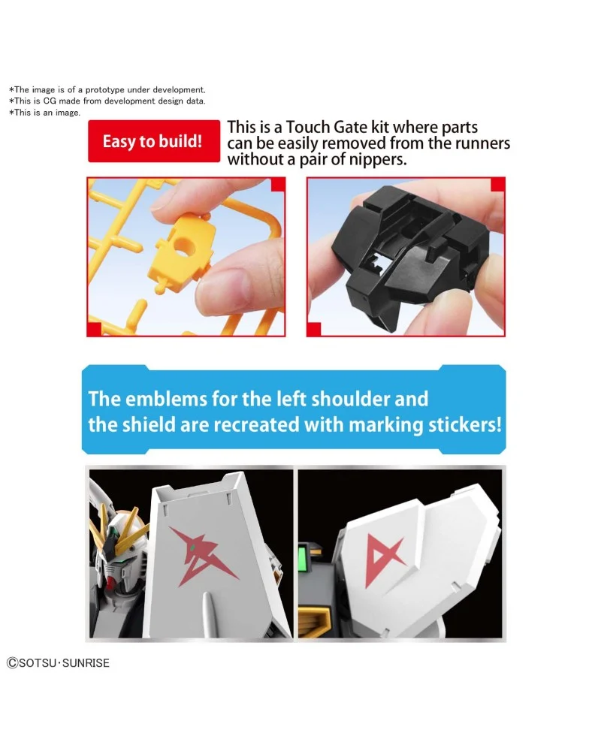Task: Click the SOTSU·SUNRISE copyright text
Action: point(59,663)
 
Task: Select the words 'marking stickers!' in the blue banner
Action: point(427,424)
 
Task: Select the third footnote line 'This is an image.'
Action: point(44,113)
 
